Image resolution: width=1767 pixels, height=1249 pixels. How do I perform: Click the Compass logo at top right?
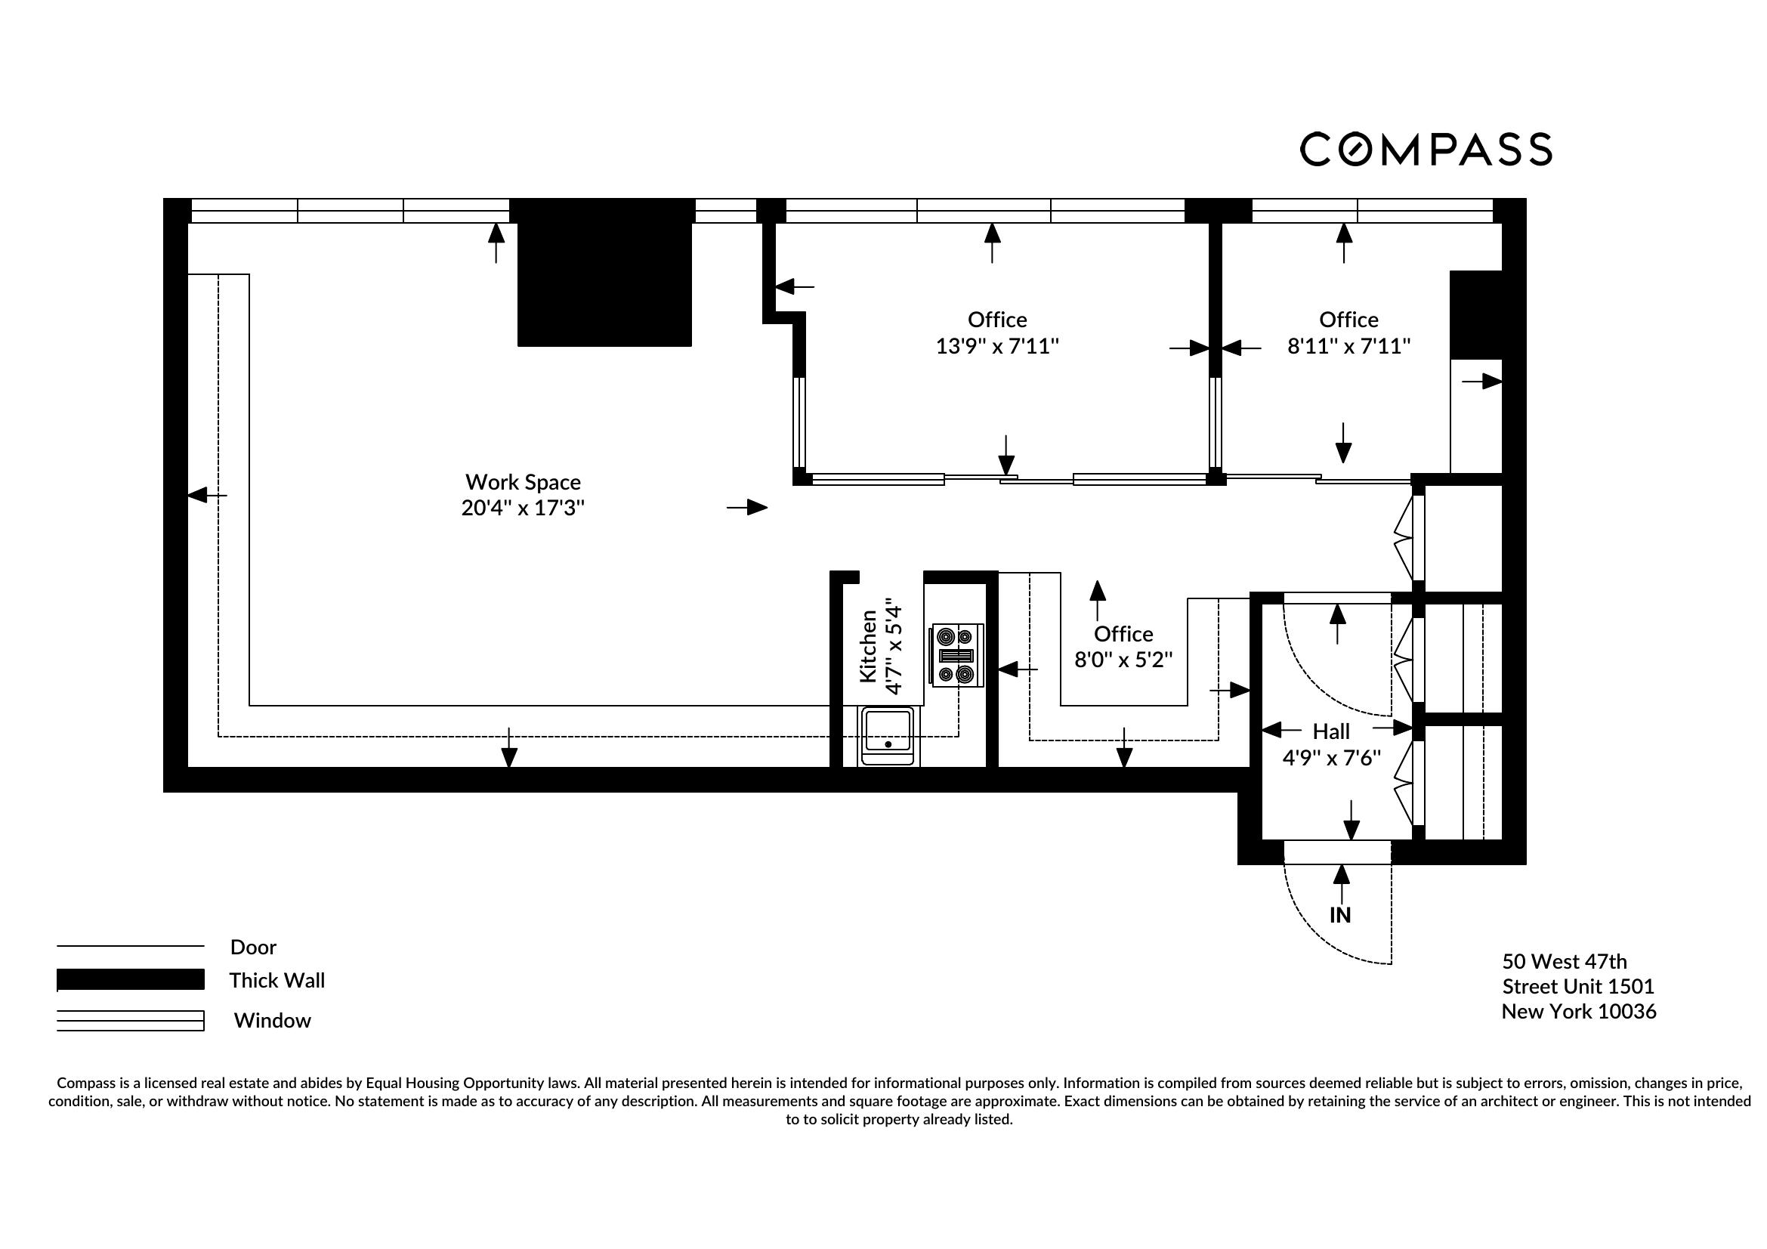pos(1426,150)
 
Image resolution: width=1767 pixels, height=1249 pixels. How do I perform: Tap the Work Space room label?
pos(523,482)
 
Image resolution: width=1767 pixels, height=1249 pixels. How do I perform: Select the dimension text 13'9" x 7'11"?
pos(996,346)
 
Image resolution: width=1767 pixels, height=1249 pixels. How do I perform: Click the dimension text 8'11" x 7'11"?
pos(1348,346)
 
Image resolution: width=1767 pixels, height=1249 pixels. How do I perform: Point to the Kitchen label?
pos(868,646)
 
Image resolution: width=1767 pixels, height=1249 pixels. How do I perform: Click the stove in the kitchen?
pos(957,655)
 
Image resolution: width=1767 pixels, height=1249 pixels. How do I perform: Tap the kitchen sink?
pos(888,735)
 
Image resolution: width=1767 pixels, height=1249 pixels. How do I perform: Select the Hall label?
pos(1330,731)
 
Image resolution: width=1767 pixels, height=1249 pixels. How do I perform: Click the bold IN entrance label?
pos(1340,915)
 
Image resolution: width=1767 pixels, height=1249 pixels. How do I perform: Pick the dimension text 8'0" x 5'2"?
pos(1123,660)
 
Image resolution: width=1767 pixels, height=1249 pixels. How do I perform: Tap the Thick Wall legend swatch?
pos(130,980)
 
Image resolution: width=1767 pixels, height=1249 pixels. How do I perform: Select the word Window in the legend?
pos(273,1021)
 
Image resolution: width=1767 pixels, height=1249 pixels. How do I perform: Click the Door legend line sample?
pos(130,946)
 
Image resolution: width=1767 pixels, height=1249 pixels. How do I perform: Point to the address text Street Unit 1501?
pos(1577,987)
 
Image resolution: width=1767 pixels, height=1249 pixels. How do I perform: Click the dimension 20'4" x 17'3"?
pos(523,508)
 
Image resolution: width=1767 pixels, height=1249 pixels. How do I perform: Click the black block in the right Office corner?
pos(1475,314)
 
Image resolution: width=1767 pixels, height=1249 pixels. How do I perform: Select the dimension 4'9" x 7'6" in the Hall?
pos(1330,758)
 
